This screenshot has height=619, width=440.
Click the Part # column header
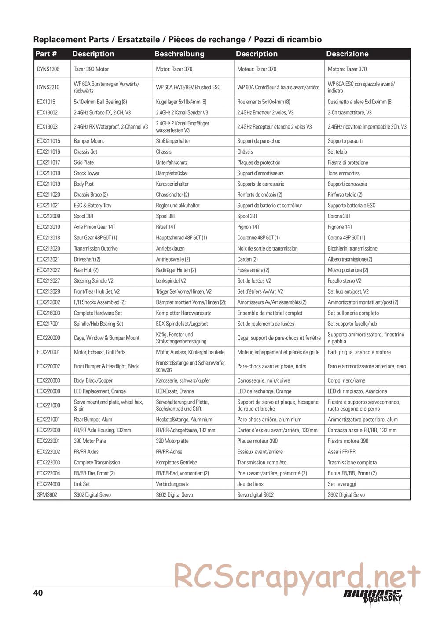coord(46,54)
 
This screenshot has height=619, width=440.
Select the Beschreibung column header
coord(179,54)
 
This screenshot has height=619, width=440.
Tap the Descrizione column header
coord(347,54)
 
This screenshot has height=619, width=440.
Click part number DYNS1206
coord(48,69)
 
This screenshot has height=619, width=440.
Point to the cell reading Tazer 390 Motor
coord(91,69)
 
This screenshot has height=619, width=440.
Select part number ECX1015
coord(46,102)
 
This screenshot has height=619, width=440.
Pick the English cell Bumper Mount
coord(89,141)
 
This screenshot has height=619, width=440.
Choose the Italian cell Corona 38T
coord(339,216)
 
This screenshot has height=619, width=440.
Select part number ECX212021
coord(48,259)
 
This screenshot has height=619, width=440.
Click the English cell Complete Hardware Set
coord(98,313)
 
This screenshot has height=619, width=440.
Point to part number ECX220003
coord(48,380)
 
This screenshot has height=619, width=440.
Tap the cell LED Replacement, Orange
coord(100,391)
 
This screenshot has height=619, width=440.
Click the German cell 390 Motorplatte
coord(172,441)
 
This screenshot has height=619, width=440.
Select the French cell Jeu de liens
coord(250,484)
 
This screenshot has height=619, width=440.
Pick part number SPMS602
coord(47,495)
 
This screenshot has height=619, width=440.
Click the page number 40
coord(38,593)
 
